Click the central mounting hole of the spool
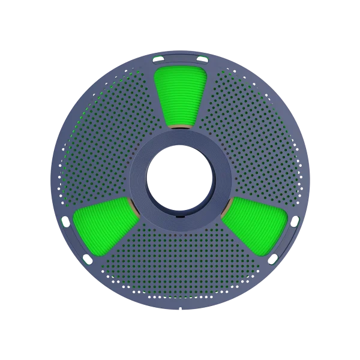tap(180, 179)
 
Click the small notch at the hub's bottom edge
tap(180, 214)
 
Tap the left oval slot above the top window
tap(159, 58)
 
